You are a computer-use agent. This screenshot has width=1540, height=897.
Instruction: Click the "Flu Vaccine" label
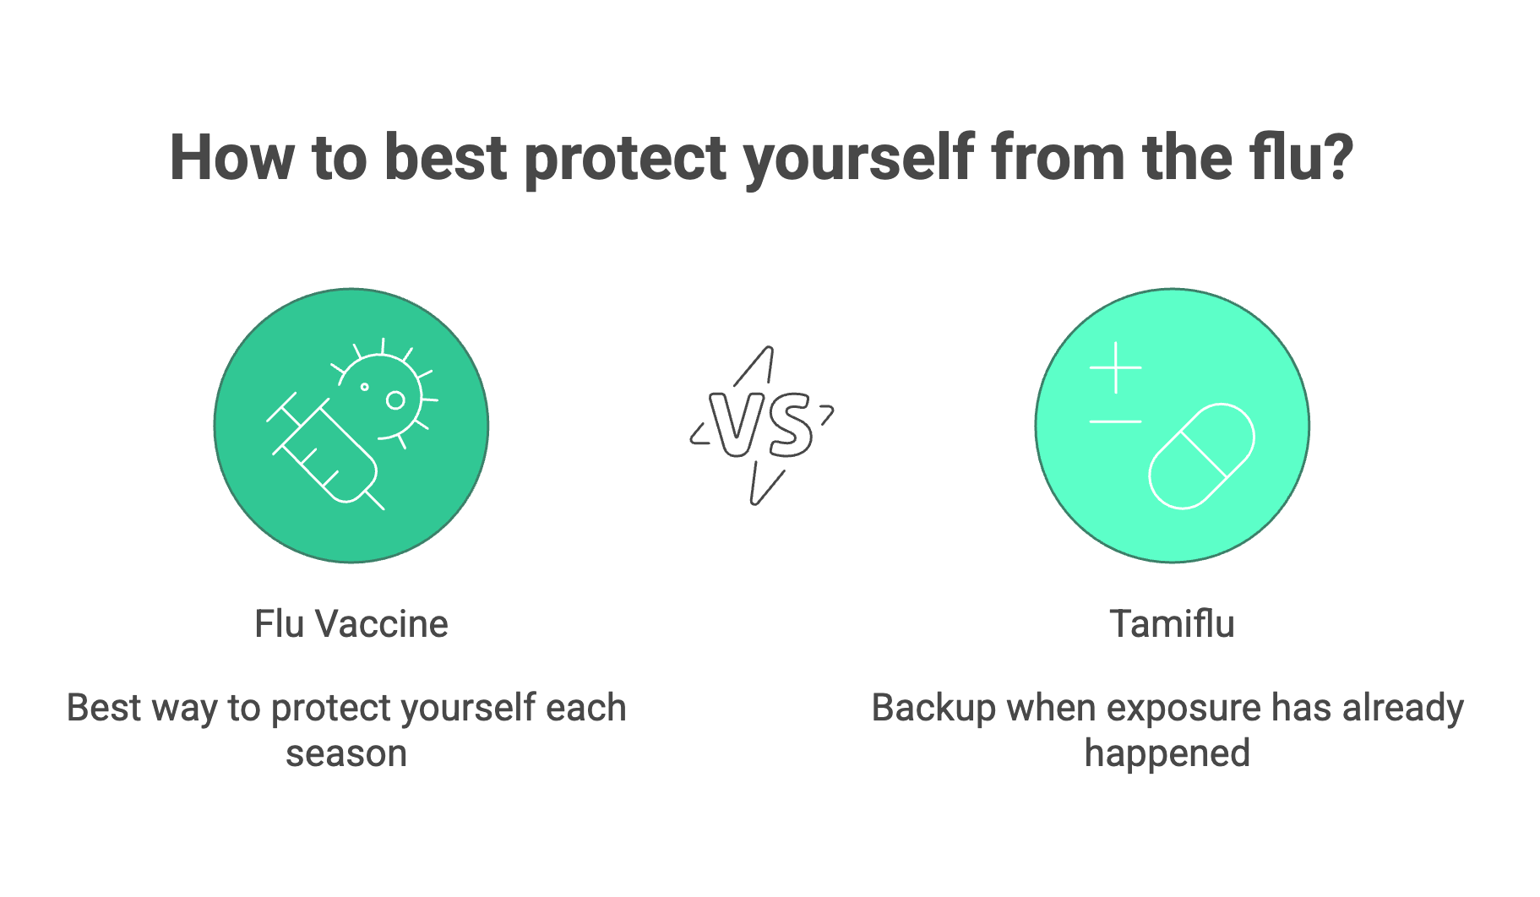351,624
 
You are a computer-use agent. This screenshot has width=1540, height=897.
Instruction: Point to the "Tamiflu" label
1172,624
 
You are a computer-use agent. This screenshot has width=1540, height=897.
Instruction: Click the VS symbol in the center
761,425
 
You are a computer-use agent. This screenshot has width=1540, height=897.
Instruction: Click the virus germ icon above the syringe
385,391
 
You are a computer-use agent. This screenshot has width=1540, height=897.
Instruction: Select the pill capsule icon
1201,456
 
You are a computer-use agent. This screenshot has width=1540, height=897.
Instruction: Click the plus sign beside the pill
1115,367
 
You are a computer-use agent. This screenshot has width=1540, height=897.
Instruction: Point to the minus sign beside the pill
1115,421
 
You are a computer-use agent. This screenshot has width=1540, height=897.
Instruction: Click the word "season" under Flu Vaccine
346,754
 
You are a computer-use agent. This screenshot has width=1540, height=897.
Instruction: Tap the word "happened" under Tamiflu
1167,754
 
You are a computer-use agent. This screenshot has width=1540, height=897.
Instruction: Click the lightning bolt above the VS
754,366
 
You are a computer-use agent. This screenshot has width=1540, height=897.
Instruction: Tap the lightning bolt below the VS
767,484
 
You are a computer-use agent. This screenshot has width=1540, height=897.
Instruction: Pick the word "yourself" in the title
859,160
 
